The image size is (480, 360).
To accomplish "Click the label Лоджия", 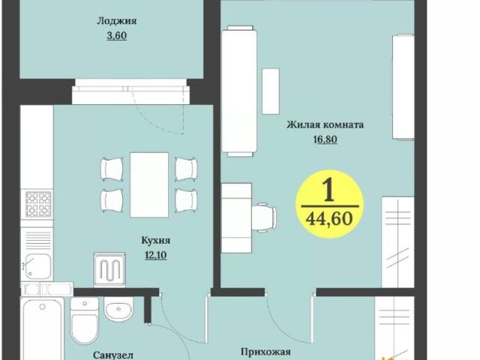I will point(110,22).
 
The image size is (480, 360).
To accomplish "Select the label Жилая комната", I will point(325,125).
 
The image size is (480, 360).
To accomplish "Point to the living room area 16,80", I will point(325,138).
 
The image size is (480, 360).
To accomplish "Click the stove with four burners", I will point(37,203).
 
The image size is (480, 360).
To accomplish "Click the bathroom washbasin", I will point(119,308).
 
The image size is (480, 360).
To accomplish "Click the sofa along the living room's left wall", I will point(240,90).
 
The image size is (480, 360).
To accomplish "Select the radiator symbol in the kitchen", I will point(109,268).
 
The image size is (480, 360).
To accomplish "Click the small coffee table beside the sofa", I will point(270,91).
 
